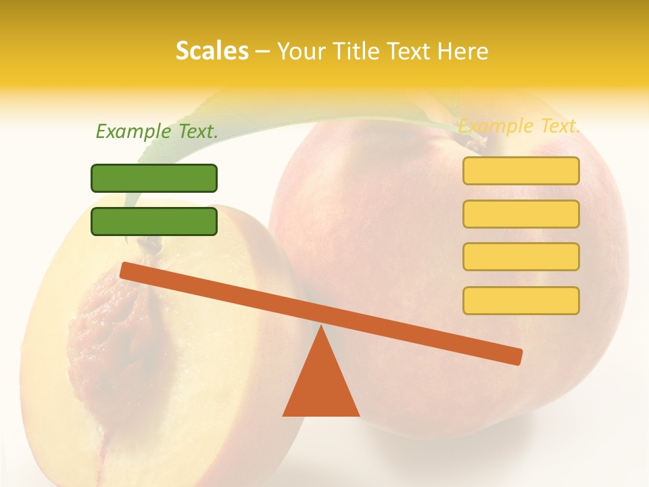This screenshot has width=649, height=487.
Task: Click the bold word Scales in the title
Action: click(x=212, y=51)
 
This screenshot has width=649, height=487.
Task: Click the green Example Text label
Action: click(x=157, y=131)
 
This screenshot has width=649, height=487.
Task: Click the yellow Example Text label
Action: click(x=519, y=126)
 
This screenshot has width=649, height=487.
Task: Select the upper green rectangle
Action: click(x=154, y=178)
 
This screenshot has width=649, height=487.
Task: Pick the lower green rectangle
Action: click(x=154, y=221)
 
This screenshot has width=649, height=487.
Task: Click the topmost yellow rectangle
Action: click(x=521, y=170)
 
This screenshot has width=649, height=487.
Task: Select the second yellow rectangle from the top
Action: click(x=521, y=214)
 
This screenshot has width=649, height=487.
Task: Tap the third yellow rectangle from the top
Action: click(x=521, y=256)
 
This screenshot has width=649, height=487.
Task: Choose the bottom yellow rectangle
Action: click(x=521, y=300)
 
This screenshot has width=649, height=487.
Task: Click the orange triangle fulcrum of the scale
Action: click(x=321, y=382)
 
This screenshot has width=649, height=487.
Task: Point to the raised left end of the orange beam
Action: click(x=126, y=270)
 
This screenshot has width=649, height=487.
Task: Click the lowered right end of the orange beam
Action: click(x=516, y=356)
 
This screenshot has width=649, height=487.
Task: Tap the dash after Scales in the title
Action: click(x=263, y=51)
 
